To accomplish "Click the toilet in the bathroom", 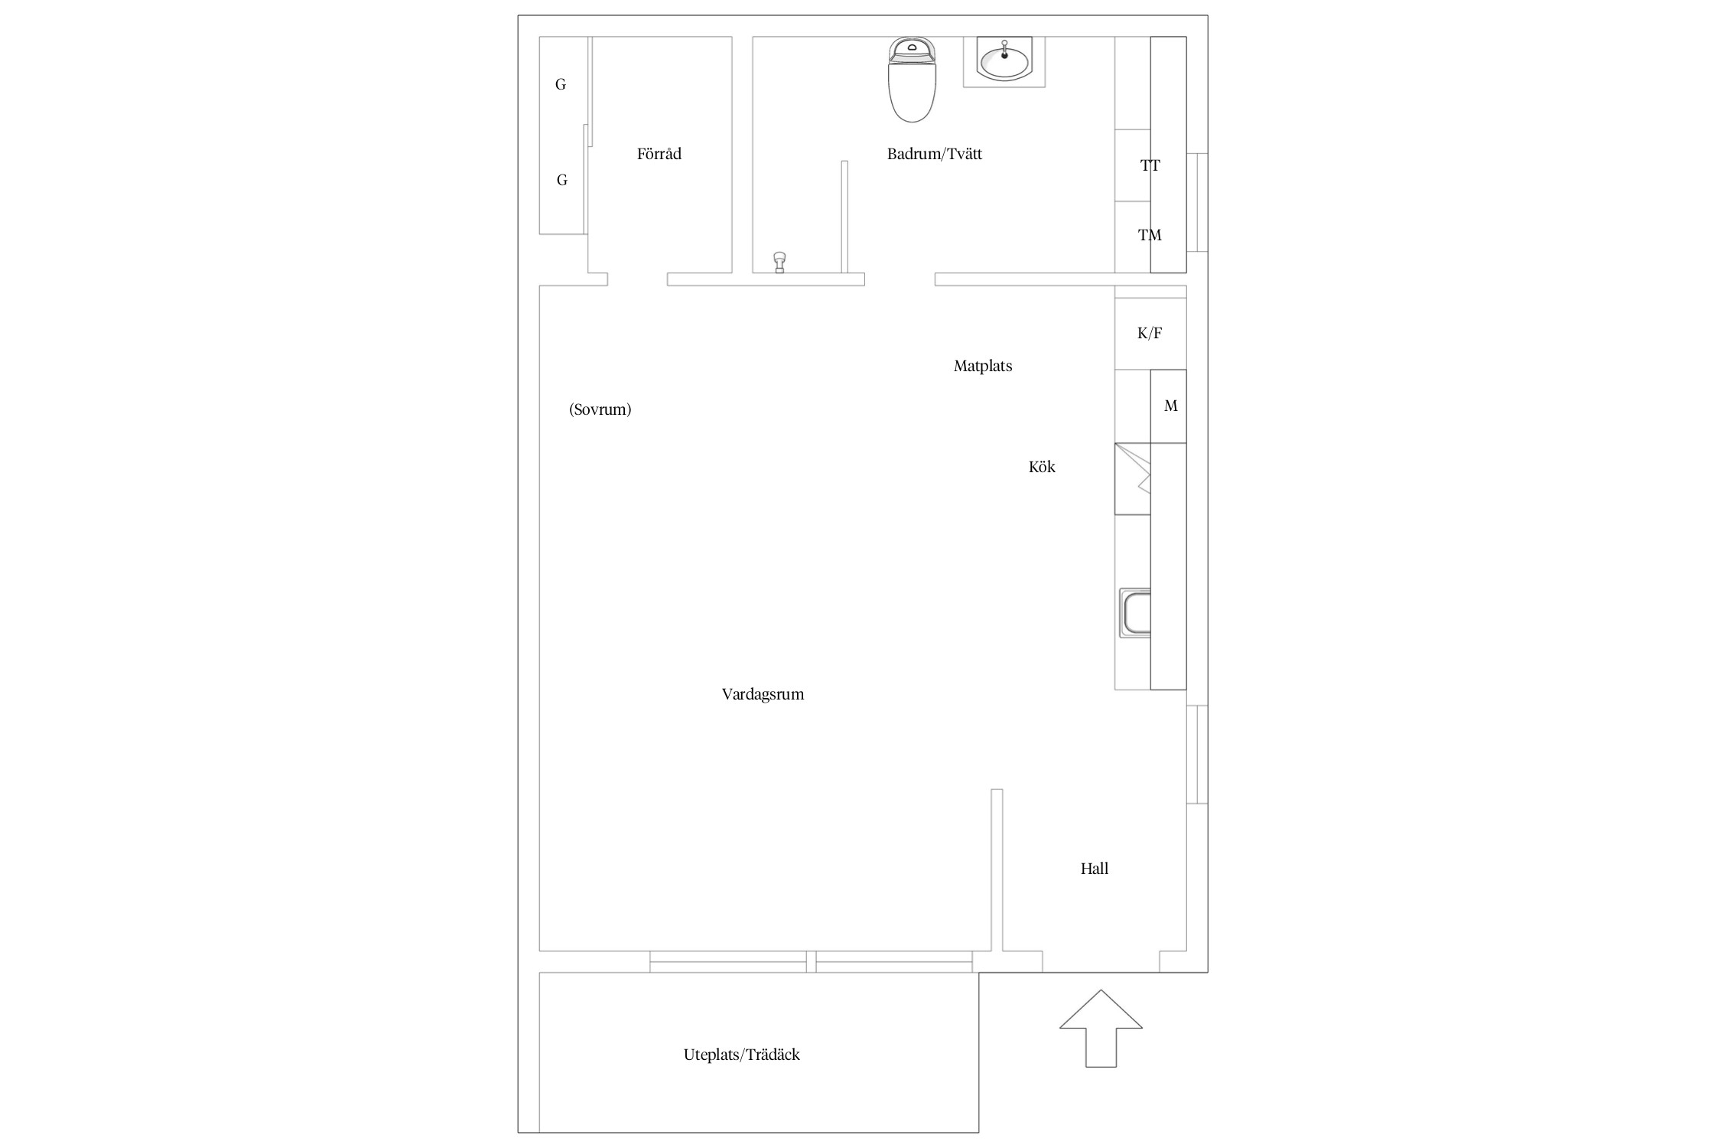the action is pyautogui.click(x=912, y=80).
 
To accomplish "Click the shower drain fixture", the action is pyautogui.click(x=779, y=262).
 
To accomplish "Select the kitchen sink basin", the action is pyautogui.click(x=1135, y=612).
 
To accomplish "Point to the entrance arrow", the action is pyautogui.click(x=1101, y=1028).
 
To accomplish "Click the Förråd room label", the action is pyautogui.click(x=659, y=154).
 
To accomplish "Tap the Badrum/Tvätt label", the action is pyautogui.click(x=935, y=154).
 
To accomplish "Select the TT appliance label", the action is pyautogui.click(x=1150, y=165).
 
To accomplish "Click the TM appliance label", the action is pyautogui.click(x=1150, y=235).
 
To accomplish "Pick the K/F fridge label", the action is pyautogui.click(x=1150, y=333).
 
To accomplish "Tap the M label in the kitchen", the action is pyautogui.click(x=1171, y=406).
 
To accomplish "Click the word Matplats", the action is pyautogui.click(x=983, y=366).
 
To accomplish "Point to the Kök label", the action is pyautogui.click(x=1042, y=467).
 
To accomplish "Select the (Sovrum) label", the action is pyautogui.click(x=600, y=409).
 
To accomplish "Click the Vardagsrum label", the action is pyautogui.click(x=763, y=694).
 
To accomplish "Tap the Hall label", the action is pyautogui.click(x=1095, y=869).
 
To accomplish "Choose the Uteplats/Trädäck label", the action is pyautogui.click(x=742, y=1055).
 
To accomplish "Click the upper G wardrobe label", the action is pyautogui.click(x=561, y=85).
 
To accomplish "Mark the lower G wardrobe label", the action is pyautogui.click(x=562, y=181).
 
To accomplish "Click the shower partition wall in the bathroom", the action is pyautogui.click(x=844, y=217).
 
